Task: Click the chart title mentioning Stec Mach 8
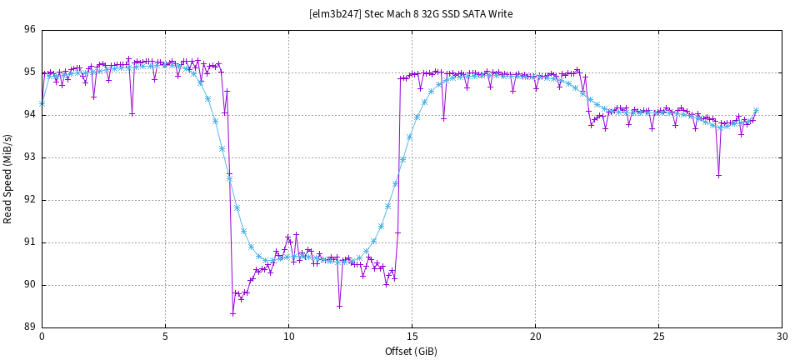tap(411, 13)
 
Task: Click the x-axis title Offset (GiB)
tap(411, 351)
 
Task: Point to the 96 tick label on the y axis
tap(29, 30)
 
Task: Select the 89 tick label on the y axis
tap(29, 327)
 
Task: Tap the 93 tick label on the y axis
tap(29, 157)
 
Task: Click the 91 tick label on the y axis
tap(29, 242)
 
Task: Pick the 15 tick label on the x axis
tap(412, 337)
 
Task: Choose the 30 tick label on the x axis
tap(782, 337)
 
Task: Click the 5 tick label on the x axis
tap(165, 337)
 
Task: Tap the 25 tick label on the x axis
tap(658, 337)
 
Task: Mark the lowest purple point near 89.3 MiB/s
tap(232, 313)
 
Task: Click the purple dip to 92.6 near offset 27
tap(718, 175)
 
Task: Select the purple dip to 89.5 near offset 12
tap(339, 306)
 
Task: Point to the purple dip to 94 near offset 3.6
tap(132, 113)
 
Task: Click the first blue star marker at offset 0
tap(42, 103)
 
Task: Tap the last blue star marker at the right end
tap(756, 110)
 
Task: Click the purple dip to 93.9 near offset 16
tap(443, 118)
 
